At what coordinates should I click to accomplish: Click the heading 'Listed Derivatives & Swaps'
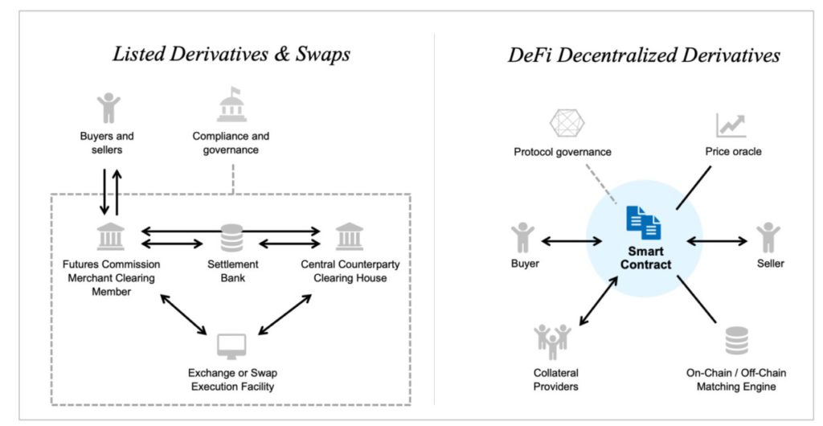[x=231, y=55]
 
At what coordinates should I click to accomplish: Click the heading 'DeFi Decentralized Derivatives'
[x=644, y=55]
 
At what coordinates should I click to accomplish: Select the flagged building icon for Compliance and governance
[x=231, y=106]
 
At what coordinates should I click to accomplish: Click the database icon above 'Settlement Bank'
[x=231, y=239]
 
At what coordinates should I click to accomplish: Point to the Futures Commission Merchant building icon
[x=110, y=238]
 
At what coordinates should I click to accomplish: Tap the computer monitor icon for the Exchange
[x=231, y=346]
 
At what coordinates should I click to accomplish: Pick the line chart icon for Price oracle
[x=731, y=125]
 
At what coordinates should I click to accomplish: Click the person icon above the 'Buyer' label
[x=522, y=239]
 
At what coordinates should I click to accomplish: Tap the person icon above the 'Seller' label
[x=768, y=239]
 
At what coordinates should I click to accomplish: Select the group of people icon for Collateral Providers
[x=553, y=342]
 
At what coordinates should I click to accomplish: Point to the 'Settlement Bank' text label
[x=231, y=271]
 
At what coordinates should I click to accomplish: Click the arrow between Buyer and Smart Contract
[x=571, y=240]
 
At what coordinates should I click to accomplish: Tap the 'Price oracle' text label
[x=733, y=152]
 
